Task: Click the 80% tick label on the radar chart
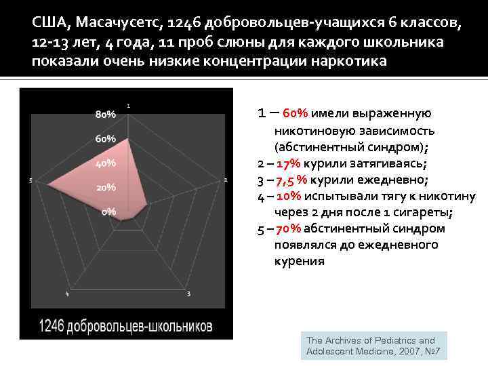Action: pyautogui.click(x=105, y=115)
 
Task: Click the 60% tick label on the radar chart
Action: pyautogui.click(x=105, y=139)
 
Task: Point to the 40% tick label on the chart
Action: pyautogui.click(x=105, y=163)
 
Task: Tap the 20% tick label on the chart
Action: pyautogui.click(x=105, y=187)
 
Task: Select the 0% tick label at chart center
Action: pyautogui.click(x=108, y=211)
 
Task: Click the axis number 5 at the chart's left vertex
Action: pyautogui.click(x=31, y=180)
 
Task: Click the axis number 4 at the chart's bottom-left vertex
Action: pyautogui.click(x=67, y=293)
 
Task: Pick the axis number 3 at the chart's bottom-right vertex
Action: pyautogui.click(x=188, y=293)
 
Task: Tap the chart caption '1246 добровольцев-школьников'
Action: pyautogui.click(x=125, y=326)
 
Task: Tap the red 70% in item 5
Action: pyautogui.click(x=288, y=228)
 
